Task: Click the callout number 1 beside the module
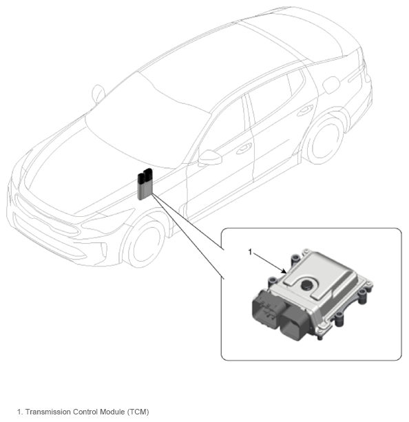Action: click(250, 252)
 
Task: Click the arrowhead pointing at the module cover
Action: click(284, 271)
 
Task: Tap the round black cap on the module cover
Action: click(306, 284)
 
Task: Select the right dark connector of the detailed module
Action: click(295, 324)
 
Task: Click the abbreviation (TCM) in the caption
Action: click(138, 412)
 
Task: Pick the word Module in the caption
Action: click(112, 412)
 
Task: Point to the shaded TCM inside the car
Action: click(145, 184)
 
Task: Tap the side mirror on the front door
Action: click(210, 158)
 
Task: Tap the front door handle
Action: click(244, 148)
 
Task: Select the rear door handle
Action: click(305, 110)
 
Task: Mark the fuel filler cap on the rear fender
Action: click(331, 85)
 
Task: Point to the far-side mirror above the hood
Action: click(98, 94)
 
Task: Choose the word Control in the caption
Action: click(85, 412)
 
